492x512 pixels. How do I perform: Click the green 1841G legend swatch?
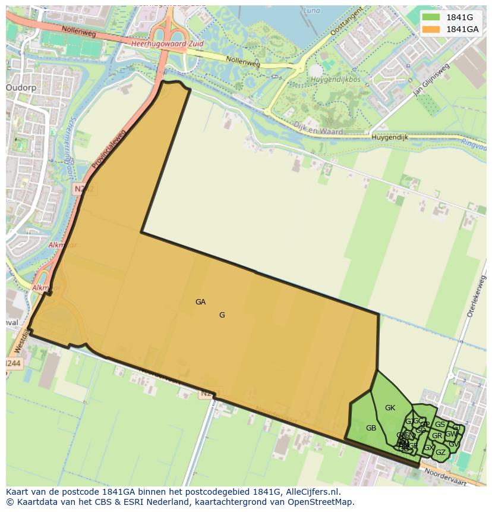(431, 17)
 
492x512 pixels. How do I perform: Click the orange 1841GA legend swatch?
(431, 29)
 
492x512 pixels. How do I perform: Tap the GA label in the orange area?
(200, 302)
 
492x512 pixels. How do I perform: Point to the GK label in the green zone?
(390, 408)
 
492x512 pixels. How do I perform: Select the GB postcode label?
(371, 428)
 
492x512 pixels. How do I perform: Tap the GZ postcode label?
(440, 453)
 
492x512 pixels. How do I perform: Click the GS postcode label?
(440, 425)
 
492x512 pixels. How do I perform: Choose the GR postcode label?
(437, 436)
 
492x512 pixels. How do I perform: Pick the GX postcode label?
(428, 448)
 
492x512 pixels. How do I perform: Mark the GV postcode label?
(453, 444)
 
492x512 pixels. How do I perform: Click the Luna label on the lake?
(311, 10)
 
